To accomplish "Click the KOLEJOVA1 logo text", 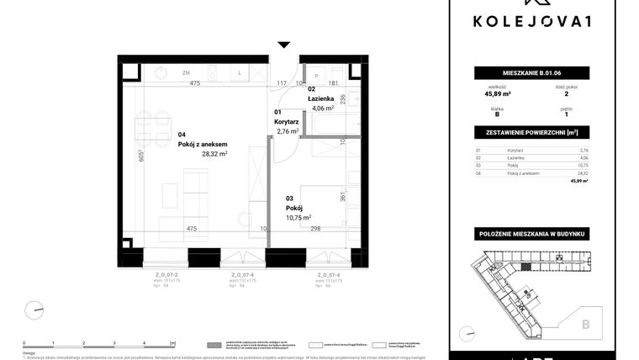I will [531, 21].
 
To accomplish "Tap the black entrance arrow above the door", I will [283, 45].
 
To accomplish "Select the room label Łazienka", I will [321, 98].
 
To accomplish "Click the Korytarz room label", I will [288, 121].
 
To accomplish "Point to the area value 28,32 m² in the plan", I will [214, 154].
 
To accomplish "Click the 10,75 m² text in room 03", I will [298, 217].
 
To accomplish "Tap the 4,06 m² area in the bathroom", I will [324, 108].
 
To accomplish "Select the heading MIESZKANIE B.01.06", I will [531, 73].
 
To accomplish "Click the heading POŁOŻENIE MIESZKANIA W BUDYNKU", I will [531, 232].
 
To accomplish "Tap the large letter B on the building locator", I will [585, 321].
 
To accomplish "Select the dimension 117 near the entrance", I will [283, 83].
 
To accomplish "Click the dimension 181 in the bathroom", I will [333, 83].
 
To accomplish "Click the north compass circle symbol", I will [34, 310].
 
